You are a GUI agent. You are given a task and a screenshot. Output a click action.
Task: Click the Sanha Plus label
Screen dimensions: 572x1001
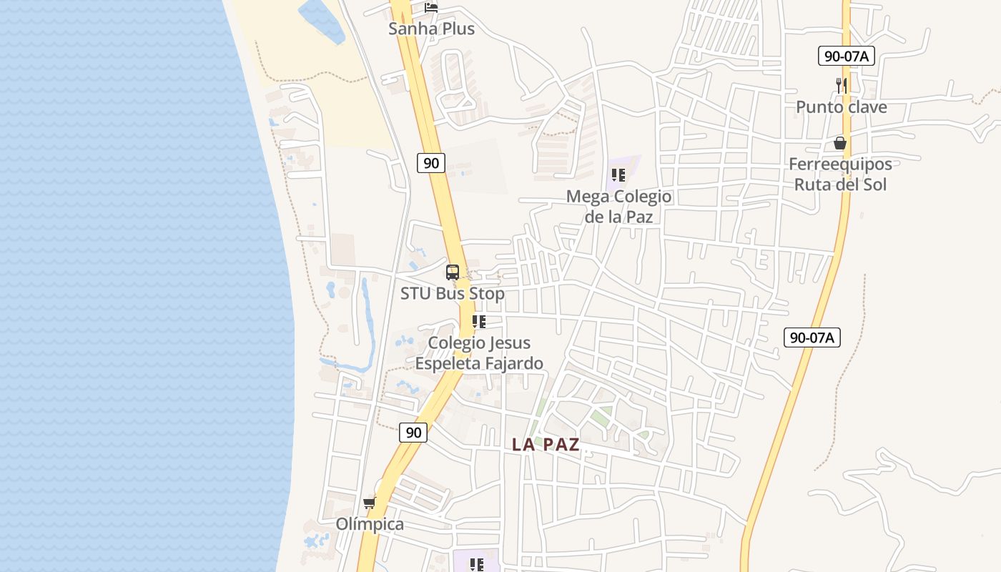[431, 29]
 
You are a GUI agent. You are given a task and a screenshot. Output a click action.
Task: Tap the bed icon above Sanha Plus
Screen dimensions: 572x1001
[431, 8]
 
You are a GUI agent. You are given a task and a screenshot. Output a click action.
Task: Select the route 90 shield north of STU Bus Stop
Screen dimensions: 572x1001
[431, 163]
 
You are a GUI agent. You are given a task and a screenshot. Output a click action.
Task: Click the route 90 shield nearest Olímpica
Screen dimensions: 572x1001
[413, 432]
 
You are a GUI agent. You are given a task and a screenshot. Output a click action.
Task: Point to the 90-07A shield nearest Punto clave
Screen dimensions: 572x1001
[847, 56]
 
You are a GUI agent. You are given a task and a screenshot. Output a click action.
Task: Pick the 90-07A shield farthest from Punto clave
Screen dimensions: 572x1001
[812, 337]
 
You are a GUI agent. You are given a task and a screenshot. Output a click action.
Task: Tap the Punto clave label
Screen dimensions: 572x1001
[842, 107]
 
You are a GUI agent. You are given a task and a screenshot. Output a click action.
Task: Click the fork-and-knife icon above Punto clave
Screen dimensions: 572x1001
[842, 86]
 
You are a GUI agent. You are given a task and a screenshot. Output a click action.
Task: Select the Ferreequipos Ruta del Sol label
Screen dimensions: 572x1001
[840, 174]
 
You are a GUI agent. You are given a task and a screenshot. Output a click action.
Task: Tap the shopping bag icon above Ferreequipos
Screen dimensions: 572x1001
[840, 144]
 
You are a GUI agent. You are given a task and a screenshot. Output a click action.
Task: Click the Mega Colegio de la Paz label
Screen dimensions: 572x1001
[619, 206]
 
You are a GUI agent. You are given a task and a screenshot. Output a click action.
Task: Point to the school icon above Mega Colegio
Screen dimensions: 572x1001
[619, 175]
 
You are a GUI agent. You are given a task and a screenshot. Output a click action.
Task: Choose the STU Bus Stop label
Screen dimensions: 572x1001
[452, 294]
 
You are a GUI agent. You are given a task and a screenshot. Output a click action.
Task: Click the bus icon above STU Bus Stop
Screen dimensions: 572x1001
[453, 272]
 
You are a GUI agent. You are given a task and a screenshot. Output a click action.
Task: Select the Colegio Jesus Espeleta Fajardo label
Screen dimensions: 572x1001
[479, 353]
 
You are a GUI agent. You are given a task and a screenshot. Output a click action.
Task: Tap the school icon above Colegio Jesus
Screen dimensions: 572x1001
[479, 322]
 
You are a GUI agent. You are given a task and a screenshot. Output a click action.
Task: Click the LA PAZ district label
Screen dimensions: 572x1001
[546, 445]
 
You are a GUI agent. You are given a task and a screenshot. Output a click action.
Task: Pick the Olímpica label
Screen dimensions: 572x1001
[370, 524]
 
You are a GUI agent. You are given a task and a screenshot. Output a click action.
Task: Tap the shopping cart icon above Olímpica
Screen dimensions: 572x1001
[370, 503]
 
